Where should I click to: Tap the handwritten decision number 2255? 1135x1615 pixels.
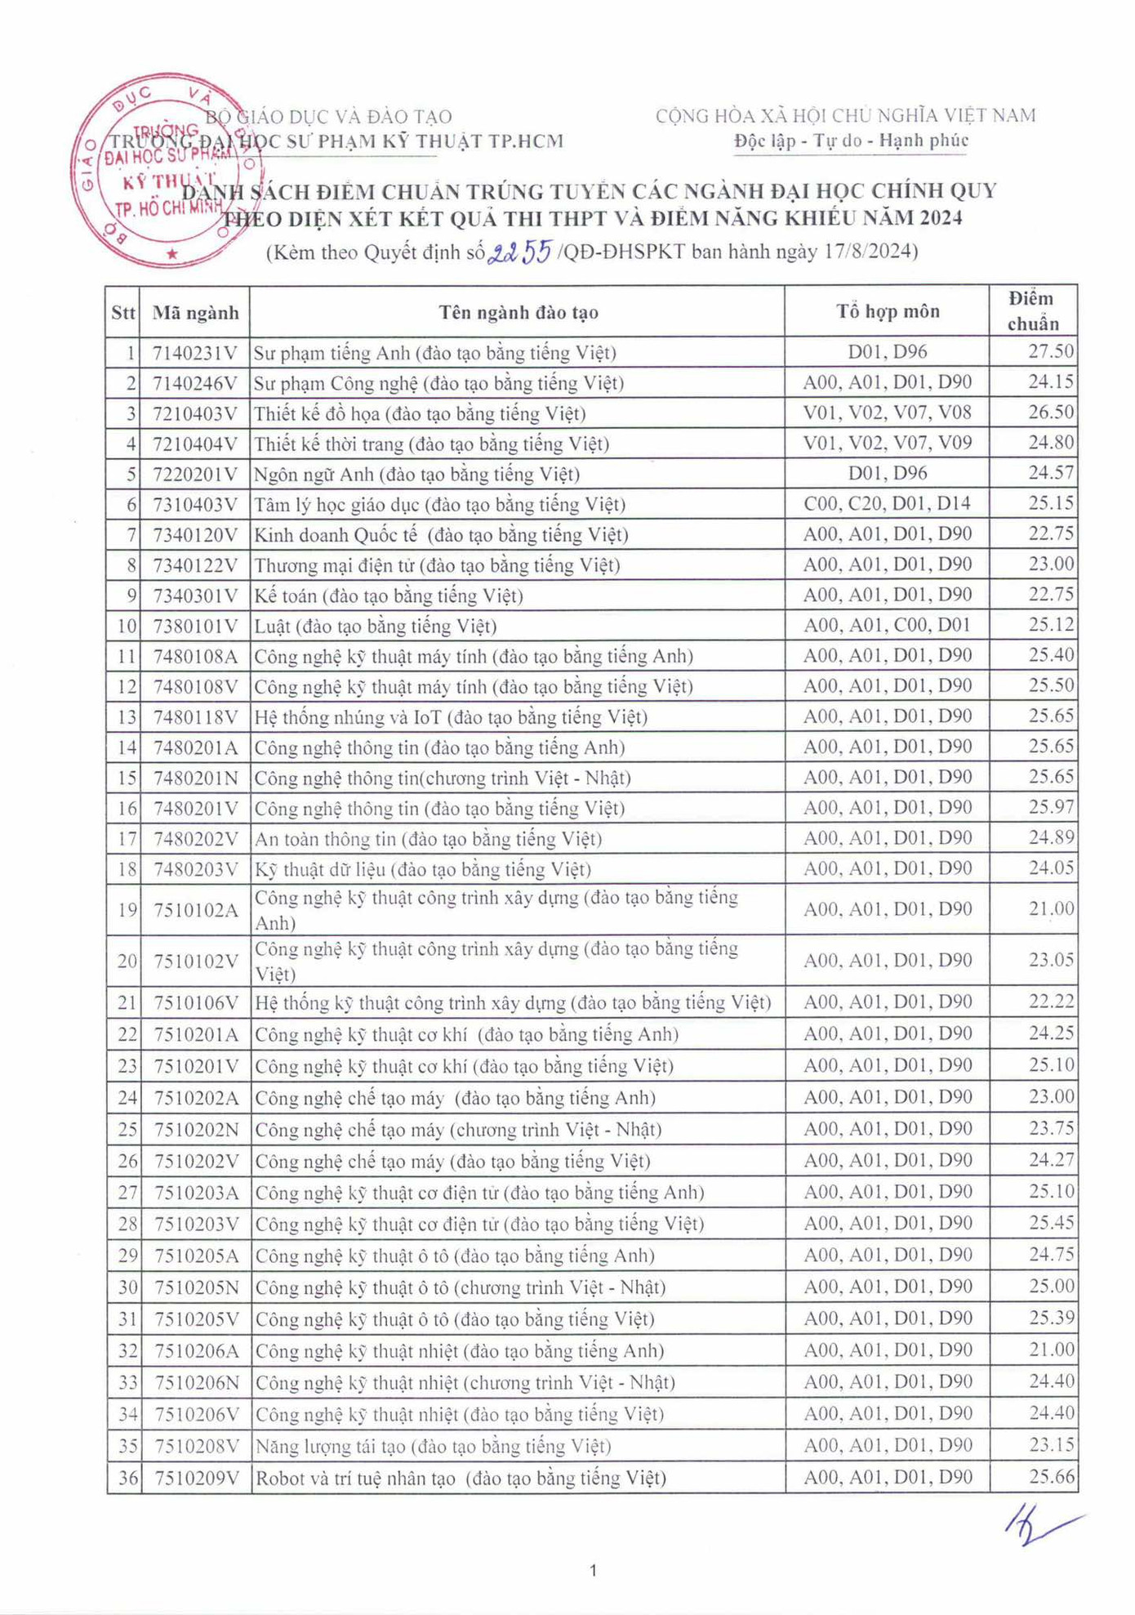point(520,252)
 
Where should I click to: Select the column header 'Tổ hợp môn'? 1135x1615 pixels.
point(887,311)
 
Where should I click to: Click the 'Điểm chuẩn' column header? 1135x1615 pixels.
point(1032,311)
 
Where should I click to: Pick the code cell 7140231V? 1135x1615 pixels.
point(194,353)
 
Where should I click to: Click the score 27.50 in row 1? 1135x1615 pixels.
point(1050,351)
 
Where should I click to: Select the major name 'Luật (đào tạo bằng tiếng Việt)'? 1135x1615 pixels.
point(376,627)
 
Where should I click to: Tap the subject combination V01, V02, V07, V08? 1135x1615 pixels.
point(887,413)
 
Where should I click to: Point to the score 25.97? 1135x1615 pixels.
point(1050,807)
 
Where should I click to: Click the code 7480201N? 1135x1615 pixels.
point(195,778)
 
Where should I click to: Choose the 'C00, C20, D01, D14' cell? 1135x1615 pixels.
point(887,503)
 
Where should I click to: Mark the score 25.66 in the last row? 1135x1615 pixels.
point(1051,1476)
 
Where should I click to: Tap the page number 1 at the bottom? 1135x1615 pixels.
point(593,1570)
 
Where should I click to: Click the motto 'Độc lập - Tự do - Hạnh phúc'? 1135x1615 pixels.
point(850,141)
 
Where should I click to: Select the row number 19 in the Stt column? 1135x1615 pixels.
point(127,909)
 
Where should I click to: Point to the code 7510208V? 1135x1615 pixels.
point(196,1446)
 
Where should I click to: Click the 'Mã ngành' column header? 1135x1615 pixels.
point(195,312)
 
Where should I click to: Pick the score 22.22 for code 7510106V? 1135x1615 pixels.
point(1051,1002)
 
